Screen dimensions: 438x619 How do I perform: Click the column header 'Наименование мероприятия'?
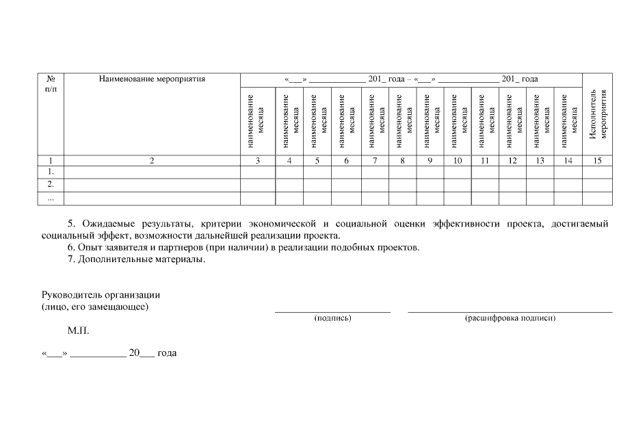point(152,79)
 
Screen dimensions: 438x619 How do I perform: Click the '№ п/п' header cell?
point(50,84)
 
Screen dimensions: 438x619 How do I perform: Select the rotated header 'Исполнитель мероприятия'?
point(597,114)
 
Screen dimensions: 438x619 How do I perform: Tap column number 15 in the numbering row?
point(597,160)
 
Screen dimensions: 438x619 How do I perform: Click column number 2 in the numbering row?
point(152,160)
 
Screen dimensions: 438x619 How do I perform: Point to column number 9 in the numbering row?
point(430,160)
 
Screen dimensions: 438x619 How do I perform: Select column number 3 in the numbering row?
point(258,160)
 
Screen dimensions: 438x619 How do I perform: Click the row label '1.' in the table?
point(50,172)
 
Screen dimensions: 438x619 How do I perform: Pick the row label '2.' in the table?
point(50,185)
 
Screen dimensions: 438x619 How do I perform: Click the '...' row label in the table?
point(50,198)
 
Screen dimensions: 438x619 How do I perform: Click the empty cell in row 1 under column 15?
point(597,172)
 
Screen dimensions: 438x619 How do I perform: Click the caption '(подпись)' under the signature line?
point(332,318)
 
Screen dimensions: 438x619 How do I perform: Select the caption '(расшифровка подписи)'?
point(510,318)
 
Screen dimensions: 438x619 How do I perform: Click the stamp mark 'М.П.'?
point(78,331)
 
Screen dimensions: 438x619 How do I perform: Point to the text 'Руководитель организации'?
point(101,294)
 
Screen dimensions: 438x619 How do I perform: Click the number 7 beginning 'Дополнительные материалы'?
point(70,259)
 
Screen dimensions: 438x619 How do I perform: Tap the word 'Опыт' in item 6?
point(89,247)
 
